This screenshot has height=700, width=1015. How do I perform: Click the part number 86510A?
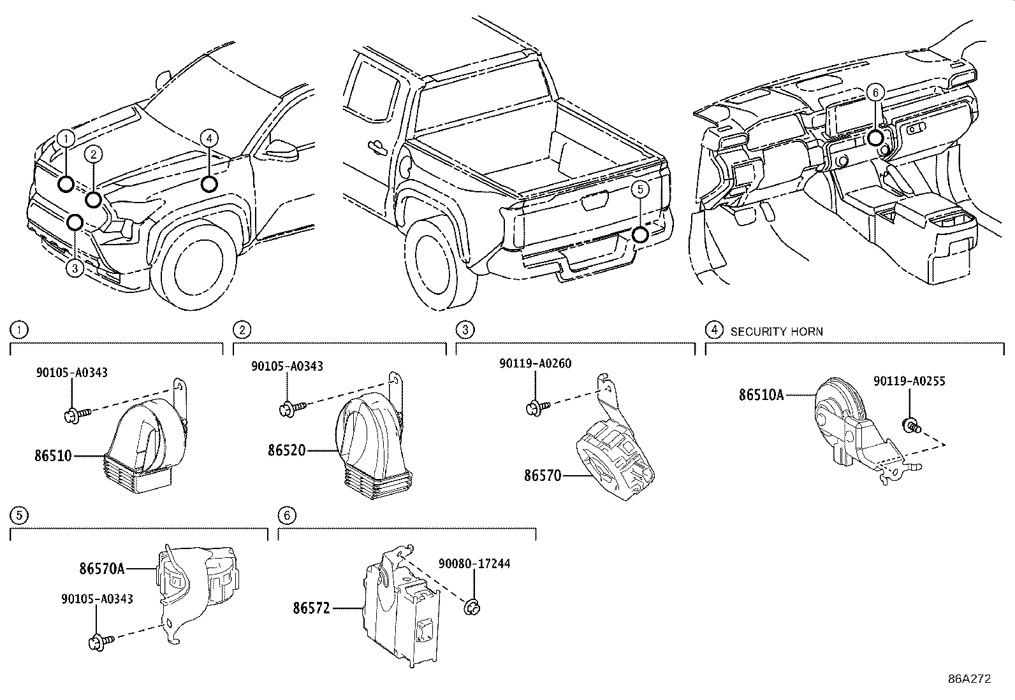coord(761,395)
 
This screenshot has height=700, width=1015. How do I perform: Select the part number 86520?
coord(286,450)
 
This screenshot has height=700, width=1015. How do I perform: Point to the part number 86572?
coord(311,608)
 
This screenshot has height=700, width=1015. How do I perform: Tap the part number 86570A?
coord(102,568)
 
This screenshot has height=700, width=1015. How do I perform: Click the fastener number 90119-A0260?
coord(536,363)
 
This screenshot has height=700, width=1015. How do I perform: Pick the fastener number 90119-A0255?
coord(909,382)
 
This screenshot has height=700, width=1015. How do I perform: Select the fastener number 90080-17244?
coord(474,564)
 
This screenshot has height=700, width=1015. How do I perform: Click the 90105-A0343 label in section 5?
coord(98,599)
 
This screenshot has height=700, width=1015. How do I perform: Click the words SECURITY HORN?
coord(777,332)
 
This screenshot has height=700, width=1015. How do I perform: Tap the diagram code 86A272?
coord(970,679)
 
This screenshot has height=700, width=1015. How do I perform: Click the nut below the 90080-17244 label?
coord(472,607)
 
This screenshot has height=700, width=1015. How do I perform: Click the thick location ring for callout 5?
coord(640,236)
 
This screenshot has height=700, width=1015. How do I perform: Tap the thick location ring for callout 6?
coord(875,138)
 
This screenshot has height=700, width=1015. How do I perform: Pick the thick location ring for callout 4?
coord(209,184)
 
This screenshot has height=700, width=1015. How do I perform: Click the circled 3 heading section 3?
coord(465,330)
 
